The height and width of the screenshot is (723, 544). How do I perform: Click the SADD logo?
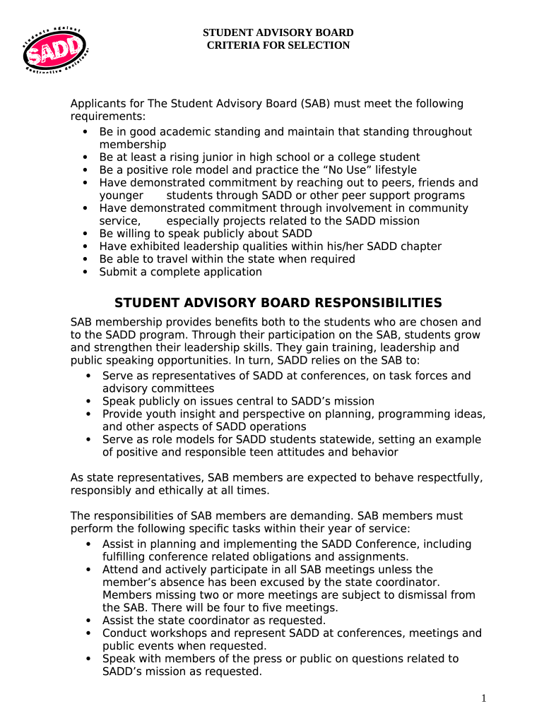pyautogui.click(x=54, y=50)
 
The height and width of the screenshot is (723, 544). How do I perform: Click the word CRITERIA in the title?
pyautogui.click(x=234, y=45)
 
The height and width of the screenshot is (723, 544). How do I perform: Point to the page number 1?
pyautogui.click(x=484, y=698)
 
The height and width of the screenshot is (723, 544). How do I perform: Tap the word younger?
pyautogui.click(x=121, y=196)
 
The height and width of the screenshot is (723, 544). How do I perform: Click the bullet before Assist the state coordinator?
pyautogui.click(x=88, y=620)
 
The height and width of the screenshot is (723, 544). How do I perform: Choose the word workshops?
pyautogui.click(x=177, y=633)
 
